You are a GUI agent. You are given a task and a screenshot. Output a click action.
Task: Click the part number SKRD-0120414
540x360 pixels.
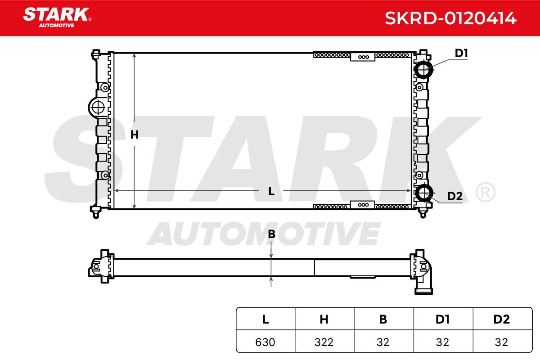[450, 18]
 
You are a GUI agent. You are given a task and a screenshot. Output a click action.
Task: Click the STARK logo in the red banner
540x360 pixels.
[57, 18]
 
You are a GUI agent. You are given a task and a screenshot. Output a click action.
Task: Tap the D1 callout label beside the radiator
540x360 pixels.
[461, 53]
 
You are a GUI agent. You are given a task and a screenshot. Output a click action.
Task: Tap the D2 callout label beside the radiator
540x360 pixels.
[454, 196]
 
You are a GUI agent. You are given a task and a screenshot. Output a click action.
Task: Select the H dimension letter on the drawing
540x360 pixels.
[135, 135]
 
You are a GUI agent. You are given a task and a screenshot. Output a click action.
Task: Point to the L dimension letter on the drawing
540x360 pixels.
[271, 191]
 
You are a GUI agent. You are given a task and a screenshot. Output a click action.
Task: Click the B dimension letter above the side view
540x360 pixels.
[271, 234]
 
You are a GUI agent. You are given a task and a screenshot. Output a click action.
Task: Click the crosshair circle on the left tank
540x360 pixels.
[98, 108]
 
